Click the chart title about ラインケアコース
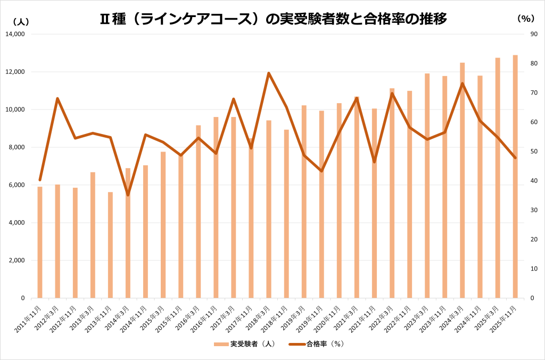(x=272, y=19)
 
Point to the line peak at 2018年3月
(x=269, y=73)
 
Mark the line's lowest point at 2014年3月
(x=128, y=195)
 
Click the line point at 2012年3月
(x=57, y=98)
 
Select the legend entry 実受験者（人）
(x=245, y=344)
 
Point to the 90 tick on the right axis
(x=533, y=34)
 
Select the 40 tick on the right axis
(x=533, y=181)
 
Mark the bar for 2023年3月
(x=427, y=186)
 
